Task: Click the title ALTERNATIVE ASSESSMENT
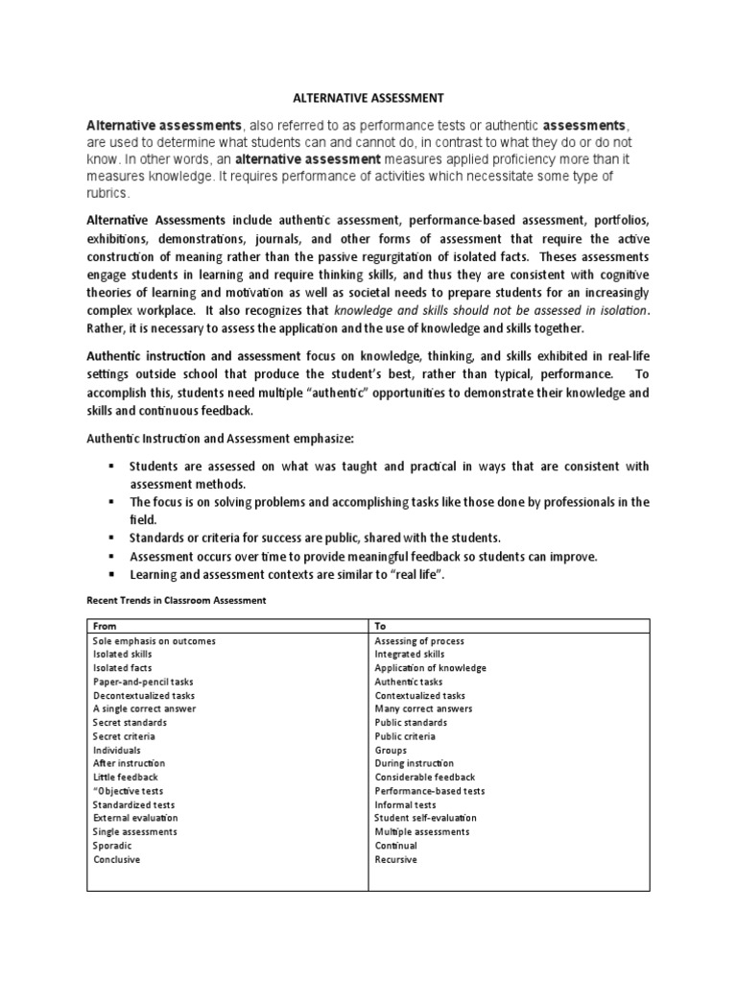368,98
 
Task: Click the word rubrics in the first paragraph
106,193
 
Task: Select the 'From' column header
104,626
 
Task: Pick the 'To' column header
380,626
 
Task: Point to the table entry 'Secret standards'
130,723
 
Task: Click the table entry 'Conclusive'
116,859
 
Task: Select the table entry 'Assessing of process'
419,640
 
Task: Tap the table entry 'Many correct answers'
423,708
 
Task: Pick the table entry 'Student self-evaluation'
425,818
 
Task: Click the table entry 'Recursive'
395,859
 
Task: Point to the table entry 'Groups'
391,750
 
